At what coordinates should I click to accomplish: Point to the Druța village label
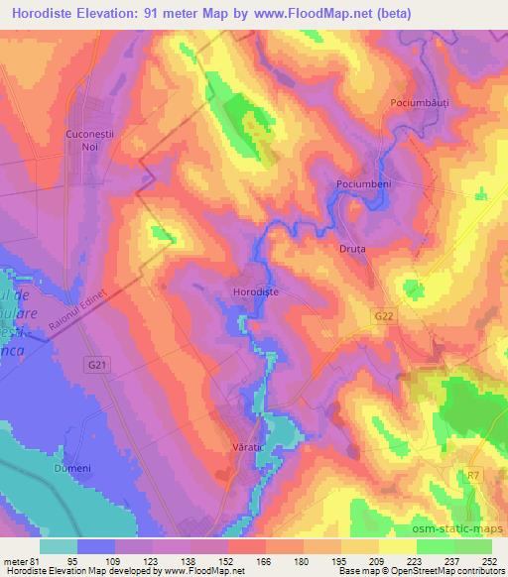[352, 249]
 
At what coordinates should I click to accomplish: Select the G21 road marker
[96, 366]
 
